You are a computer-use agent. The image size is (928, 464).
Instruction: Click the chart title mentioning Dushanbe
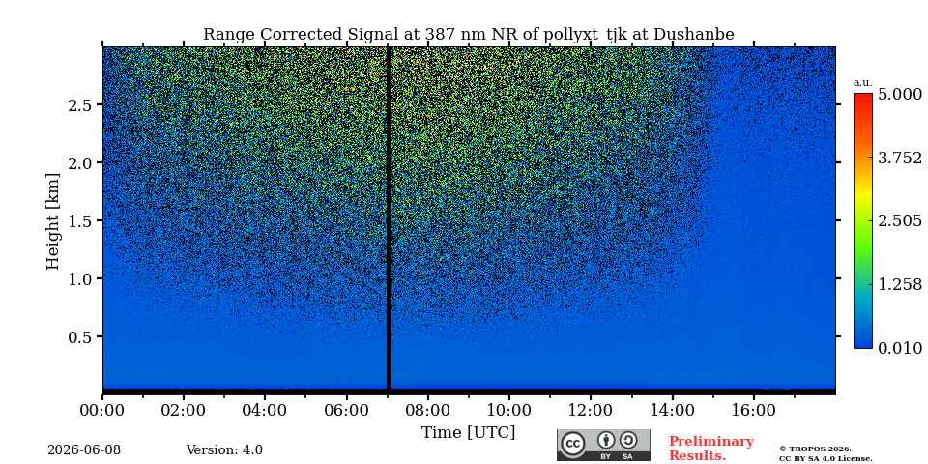tap(468, 35)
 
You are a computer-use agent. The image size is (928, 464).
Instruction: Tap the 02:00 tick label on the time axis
tap(184, 410)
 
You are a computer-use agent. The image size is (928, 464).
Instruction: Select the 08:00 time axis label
tap(427, 410)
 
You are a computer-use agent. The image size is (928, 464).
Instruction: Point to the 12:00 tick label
tap(591, 410)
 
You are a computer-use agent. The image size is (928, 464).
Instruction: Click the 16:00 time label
tap(753, 410)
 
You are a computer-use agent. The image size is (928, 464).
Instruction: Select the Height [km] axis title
tap(53, 221)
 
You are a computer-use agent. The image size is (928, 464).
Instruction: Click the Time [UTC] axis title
tap(468, 433)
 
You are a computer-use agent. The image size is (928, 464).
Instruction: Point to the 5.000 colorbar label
tap(900, 94)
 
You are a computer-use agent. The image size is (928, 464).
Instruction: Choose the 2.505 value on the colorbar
tap(900, 220)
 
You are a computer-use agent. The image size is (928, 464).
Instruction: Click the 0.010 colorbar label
tap(900, 348)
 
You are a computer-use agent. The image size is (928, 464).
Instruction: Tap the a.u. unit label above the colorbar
tap(863, 83)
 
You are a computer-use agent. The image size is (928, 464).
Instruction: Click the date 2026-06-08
tap(84, 450)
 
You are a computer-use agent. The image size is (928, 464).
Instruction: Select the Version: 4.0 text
tap(224, 450)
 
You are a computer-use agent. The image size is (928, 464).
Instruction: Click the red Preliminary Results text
tap(711, 449)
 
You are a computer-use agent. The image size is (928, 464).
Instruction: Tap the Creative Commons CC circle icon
tap(573, 445)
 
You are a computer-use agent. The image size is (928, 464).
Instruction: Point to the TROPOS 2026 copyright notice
tap(826, 454)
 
